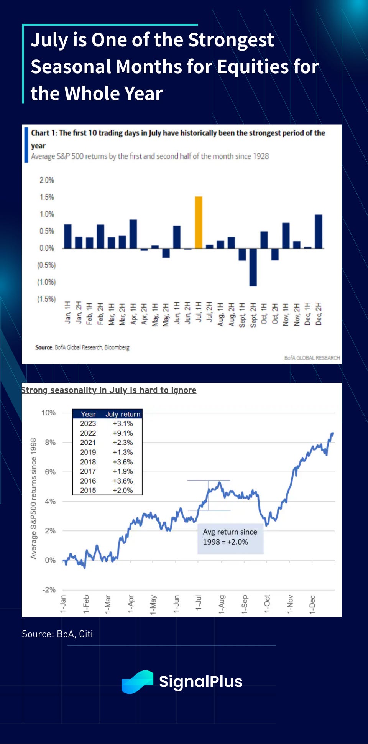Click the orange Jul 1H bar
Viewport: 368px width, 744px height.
[x=199, y=222]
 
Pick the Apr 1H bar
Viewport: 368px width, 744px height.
[x=133, y=234]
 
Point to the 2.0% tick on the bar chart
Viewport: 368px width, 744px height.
[x=47, y=180]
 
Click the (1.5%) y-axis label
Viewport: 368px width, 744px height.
[x=46, y=299]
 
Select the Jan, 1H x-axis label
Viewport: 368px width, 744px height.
[x=68, y=313]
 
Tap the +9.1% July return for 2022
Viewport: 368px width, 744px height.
[x=123, y=433]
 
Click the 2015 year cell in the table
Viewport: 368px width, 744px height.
[x=88, y=490]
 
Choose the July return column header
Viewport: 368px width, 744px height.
[x=123, y=414]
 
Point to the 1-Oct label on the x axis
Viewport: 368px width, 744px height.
[x=267, y=604]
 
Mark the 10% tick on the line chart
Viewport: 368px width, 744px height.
[x=49, y=413]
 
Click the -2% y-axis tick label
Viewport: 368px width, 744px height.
[x=49, y=590]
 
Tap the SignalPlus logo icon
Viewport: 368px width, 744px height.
[x=137, y=682]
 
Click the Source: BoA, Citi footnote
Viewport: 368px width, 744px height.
[x=58, y=634]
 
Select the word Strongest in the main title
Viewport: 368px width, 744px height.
[x=231, y=40]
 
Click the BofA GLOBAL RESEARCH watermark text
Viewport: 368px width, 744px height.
[x=312, y=358]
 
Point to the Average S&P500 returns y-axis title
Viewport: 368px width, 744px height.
[x=34, y=499]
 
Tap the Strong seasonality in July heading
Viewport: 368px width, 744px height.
[x=109, y=390]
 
